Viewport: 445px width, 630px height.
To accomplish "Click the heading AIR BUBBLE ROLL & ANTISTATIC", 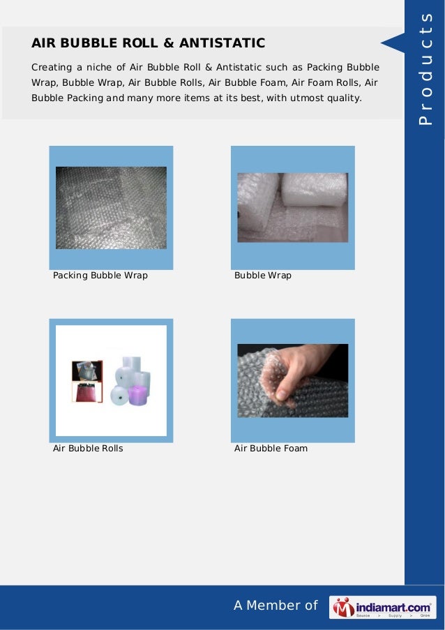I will (x=148, y=43).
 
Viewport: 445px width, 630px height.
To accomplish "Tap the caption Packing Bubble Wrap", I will (x=100, y=276).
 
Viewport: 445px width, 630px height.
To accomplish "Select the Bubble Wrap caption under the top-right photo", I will (x=262, y=276).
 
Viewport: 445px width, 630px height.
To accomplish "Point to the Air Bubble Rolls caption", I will (x=88, y=449).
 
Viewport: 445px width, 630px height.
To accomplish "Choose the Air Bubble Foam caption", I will (x=271, y=449).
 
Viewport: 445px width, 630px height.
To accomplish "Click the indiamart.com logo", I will (x=382, y=607).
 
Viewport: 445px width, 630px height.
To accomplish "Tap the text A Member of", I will (x=275, y=606).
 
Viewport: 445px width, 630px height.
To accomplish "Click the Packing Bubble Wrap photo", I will (x=111, y=208).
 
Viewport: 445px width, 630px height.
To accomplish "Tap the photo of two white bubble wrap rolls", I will (x=292, y=207).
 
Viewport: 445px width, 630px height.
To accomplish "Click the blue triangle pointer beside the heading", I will (x=392, y=43).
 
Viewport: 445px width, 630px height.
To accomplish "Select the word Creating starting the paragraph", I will (x=51, y=68).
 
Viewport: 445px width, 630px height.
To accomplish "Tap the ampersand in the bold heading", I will (x=169, y=43).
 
